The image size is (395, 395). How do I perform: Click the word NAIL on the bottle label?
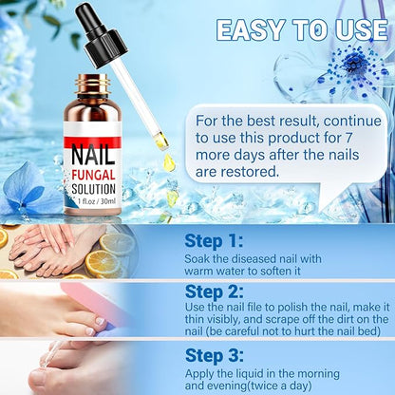tap(93, 155)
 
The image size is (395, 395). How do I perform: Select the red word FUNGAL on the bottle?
tap(93, 175)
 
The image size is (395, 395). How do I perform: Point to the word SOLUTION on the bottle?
tap(93, 189)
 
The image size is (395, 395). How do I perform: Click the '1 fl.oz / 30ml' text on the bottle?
tap(97, 201)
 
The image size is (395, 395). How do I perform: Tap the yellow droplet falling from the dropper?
tap(169, 163)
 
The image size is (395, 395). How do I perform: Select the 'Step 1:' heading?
tap(214, 241)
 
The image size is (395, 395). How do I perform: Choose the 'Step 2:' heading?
tap(215, 292)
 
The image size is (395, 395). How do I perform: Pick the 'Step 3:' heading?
tap(215, 356)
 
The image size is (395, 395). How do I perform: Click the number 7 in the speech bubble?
tap(348, 138)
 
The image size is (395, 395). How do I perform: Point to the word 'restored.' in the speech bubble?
tap(250, 172)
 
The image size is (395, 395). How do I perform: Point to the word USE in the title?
tap(362, 30)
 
